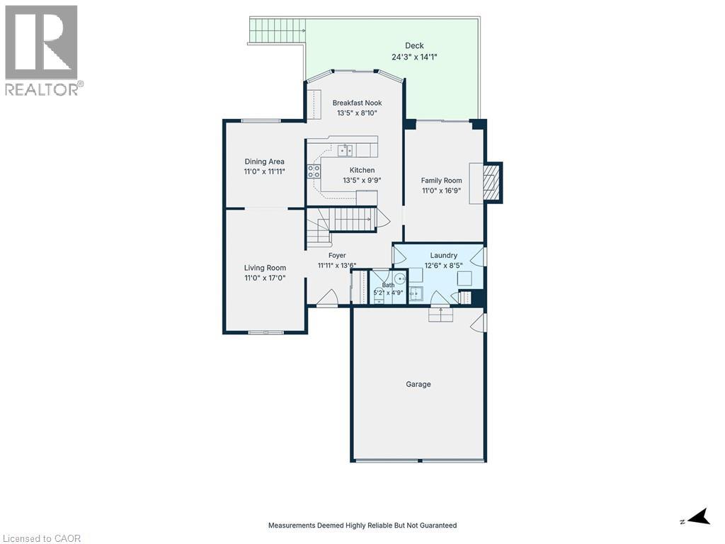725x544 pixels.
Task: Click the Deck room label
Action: pos(414,45)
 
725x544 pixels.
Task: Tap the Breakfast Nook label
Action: pos(357,103)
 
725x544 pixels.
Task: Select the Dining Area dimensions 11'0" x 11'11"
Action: pos(265,171)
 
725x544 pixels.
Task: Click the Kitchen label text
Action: pos(362,170)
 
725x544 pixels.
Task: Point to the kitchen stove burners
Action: pos(314,171)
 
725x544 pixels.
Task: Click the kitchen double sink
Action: pos(345,150)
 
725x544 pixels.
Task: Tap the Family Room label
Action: pos(441,181)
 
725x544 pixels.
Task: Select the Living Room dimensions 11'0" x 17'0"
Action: pos(265,278)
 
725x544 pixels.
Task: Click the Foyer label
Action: pos(337,255)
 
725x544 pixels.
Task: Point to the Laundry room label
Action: pos(443,255)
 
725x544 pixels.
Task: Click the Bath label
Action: pos(388,285)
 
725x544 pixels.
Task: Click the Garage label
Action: pos(418,384)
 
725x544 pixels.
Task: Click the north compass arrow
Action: pos(700,516)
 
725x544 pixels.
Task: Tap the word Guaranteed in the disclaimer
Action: pos(435,526)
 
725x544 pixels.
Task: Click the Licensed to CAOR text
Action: pos(41,538)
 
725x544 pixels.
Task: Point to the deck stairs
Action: pos(278,30)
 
